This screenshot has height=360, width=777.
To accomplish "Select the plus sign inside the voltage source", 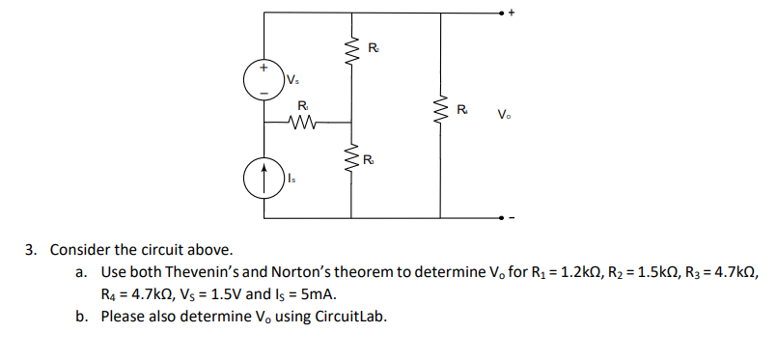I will coord(264,69).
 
